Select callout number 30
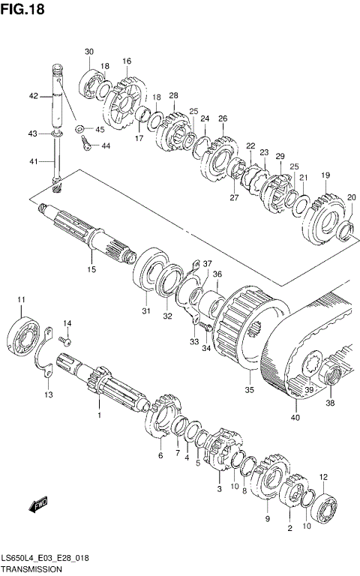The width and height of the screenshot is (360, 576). tap(88, 52)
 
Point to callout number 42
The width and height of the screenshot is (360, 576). tap(33, 96)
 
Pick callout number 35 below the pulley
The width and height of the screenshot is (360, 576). tap(250, 390)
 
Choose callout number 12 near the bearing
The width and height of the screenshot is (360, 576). tap(323, 477)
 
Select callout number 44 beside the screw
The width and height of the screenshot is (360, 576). tap(106, 145)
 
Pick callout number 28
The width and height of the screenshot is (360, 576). tap(173, 95)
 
